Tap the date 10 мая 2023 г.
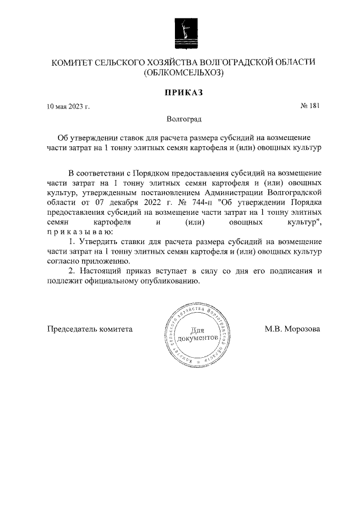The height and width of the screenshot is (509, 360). [68, 106]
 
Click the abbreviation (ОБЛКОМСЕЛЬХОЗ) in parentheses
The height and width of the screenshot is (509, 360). [183, 73]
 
